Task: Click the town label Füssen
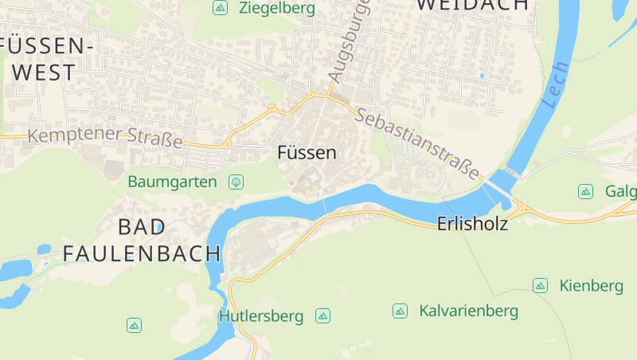[x=307, y=153]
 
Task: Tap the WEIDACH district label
[x=472, y=5]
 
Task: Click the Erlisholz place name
[x=472, y=225]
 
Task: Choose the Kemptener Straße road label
[x=105, y=136]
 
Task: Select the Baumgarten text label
[x=172, y=182]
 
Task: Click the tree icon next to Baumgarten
[x=236, y=182]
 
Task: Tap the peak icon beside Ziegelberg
[x=220, y=8]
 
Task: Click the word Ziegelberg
[x=276, y=9]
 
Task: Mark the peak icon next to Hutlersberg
[x=322, y=316]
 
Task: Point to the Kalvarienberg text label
[x=468, y=311]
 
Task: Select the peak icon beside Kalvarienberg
[x=400, y=311]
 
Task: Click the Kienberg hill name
[x=591, y=285]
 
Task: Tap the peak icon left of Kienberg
[x=540, y=285]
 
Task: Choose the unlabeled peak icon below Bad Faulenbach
[x=134, y=325]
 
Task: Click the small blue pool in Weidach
[x=481, y=76]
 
